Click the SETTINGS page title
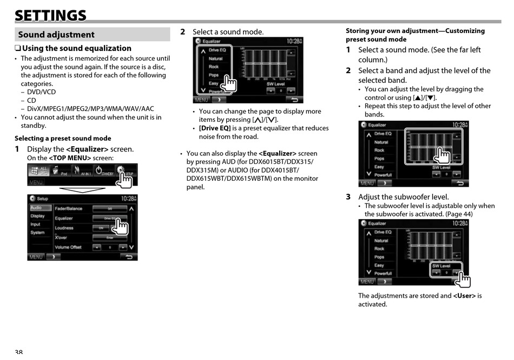click(50, 15)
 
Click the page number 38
click(19, 352)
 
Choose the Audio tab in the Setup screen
click(37, 208)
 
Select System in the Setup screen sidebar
click(38, 233)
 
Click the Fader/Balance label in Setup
click(68, 208)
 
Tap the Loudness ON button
click(101, 228)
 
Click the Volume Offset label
click(68, 247)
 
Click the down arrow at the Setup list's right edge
click(131, 247)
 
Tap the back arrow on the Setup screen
click(129, 257)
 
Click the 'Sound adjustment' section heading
click(56, 35)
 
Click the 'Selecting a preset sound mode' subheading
click(63, 139)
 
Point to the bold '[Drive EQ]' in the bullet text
click(215, 128)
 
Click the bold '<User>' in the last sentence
click(464, 296)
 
